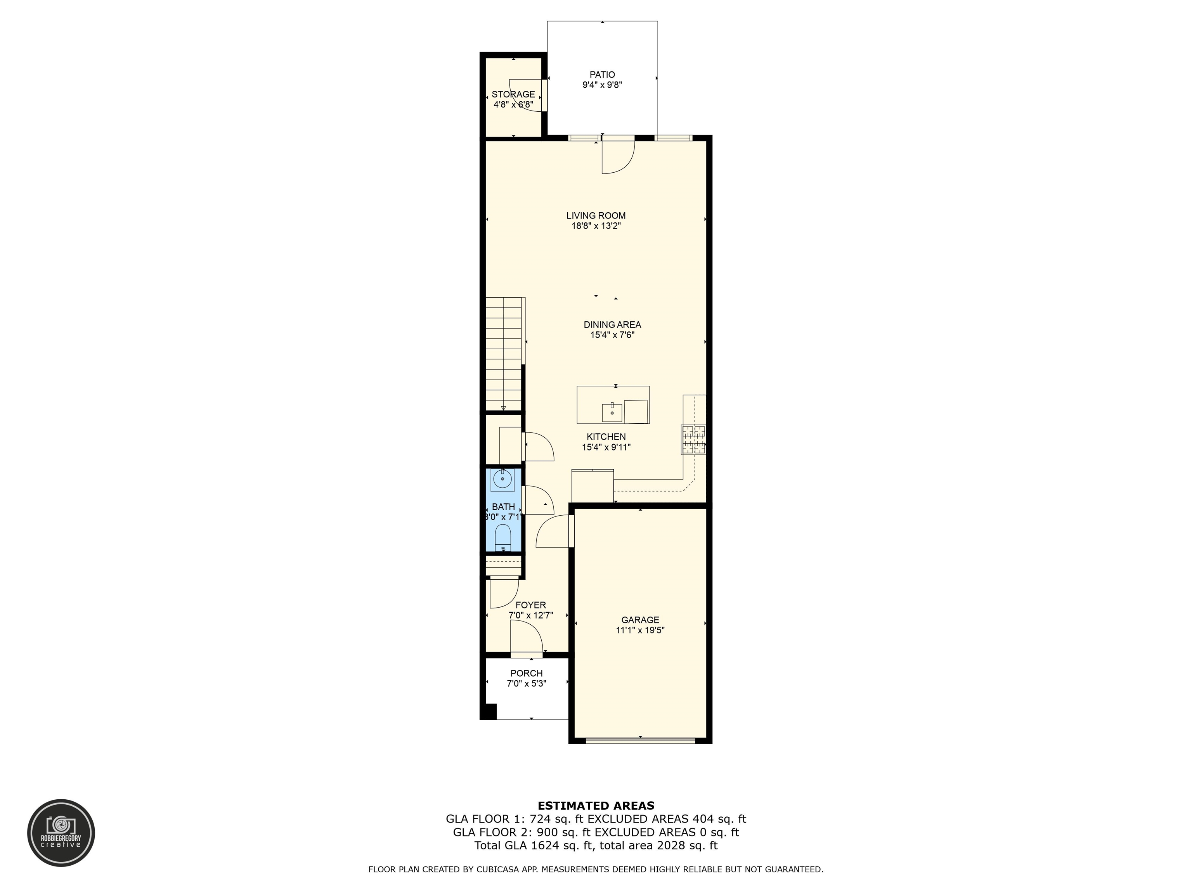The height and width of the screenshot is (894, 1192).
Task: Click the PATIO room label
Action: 602,75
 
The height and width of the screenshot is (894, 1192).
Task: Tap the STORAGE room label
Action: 513,94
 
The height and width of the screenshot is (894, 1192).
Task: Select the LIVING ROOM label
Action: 596,216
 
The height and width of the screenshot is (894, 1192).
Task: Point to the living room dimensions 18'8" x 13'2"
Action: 596,226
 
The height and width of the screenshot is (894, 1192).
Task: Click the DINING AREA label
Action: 612,324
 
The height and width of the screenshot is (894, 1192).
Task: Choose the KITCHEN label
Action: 606,437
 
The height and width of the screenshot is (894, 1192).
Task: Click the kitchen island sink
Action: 612,413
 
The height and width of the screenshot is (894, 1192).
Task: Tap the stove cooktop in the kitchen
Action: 693,440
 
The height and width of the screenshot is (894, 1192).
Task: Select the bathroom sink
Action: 503,478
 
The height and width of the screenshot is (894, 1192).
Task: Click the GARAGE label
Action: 640,620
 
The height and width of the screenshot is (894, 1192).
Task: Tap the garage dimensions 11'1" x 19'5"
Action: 640,630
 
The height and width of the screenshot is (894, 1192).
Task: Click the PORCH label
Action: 527,673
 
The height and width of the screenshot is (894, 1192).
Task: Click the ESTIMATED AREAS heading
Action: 596,806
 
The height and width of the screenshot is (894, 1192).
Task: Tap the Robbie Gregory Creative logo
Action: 61,833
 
